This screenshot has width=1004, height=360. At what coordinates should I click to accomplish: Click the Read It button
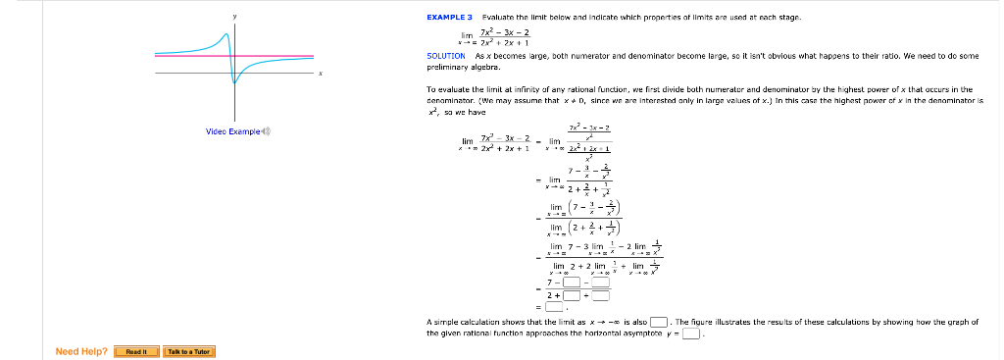click(x=135, y=351)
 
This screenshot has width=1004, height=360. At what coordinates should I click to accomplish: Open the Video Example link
click(x=231, y=130)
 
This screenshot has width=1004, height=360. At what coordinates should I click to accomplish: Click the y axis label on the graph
click(x=234, y=16)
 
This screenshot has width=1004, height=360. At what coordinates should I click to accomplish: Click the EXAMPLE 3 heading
click(x=450, y=18)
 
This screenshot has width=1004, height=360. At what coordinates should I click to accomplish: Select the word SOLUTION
click(x=446, y=56)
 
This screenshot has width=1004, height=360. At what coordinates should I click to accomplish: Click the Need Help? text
click(x=81, y=351)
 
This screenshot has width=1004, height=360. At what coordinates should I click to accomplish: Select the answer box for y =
click(x=691, y=333)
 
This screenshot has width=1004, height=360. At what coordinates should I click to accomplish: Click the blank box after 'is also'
click(x=659, y=322)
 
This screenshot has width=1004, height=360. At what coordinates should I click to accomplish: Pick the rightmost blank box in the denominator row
click(x=600, y=294)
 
